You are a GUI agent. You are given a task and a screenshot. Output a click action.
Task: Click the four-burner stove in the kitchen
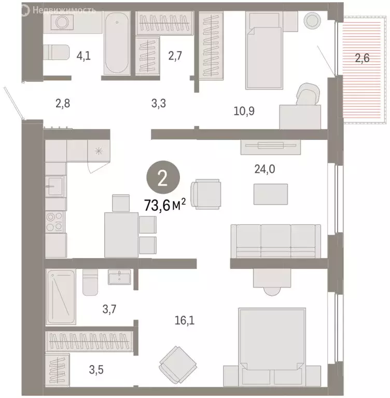click(55, 222)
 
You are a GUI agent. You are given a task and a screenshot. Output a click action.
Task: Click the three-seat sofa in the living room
click(275, 240)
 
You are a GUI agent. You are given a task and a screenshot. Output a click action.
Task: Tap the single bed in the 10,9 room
click(263, 50)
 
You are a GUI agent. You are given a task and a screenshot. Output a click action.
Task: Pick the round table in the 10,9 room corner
click(313, 21)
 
